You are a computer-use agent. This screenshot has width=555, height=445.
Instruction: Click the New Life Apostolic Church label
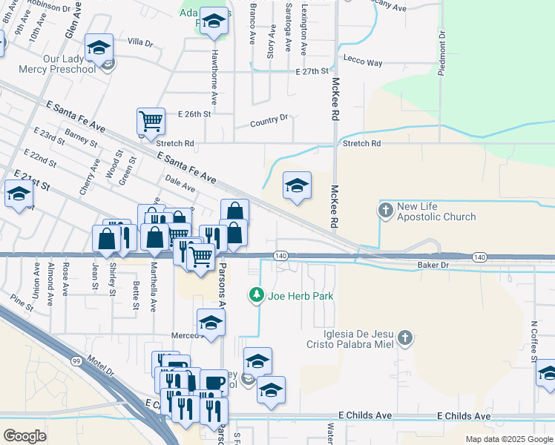point(436,211)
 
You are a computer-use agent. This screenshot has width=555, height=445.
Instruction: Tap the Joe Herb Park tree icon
point(257,296)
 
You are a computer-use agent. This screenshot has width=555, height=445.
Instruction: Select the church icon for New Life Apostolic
point(386,211)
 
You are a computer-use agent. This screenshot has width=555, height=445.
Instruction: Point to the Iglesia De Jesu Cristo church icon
point(404,338)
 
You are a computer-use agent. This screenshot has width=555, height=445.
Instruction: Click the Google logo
point(24,435)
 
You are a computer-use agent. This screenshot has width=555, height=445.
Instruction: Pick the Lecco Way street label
point(363,63)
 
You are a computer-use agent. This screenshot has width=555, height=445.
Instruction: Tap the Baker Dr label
point(433,265)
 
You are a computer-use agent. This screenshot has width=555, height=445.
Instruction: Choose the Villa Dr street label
point(139,43)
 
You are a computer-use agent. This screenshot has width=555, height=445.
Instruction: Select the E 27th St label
point(312,72)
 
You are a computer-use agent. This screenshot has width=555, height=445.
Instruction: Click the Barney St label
point(82,137)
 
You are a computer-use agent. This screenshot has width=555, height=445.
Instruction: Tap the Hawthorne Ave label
point(214,80)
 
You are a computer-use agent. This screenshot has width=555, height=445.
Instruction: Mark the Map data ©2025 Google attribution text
point(509,439)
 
